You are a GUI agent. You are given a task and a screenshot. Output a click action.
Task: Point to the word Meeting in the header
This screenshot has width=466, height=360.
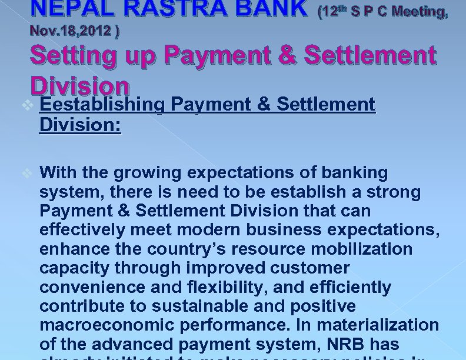coord(417,12)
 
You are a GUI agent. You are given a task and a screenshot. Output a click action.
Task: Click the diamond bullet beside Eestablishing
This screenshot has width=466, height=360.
coord(25,104)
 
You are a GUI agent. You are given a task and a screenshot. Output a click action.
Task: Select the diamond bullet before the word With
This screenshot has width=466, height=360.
coord(25,174)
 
